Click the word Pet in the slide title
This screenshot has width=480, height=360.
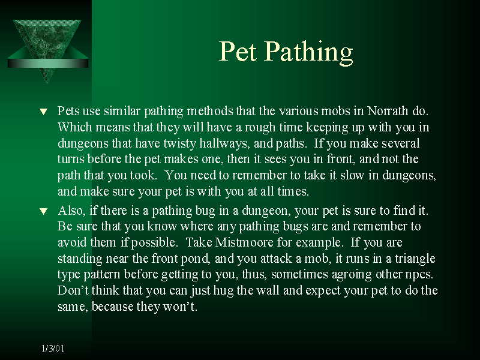238,51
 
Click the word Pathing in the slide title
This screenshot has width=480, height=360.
308,53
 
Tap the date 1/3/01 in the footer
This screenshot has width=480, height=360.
53,348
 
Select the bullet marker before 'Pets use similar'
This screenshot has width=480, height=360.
44,112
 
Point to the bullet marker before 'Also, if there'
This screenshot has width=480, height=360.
44,211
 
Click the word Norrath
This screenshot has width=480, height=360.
388,111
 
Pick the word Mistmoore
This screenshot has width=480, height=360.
244,242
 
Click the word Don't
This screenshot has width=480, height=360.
73,290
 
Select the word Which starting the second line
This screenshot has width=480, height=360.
74,127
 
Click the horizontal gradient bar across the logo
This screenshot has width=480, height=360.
48,63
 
